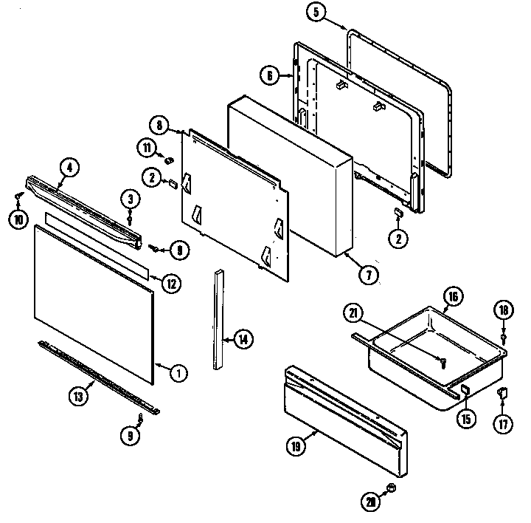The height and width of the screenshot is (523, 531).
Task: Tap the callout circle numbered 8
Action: (159, 124)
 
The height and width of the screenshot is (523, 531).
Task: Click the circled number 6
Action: (270, 74)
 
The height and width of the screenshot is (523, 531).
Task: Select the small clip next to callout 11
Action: (168, 158)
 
